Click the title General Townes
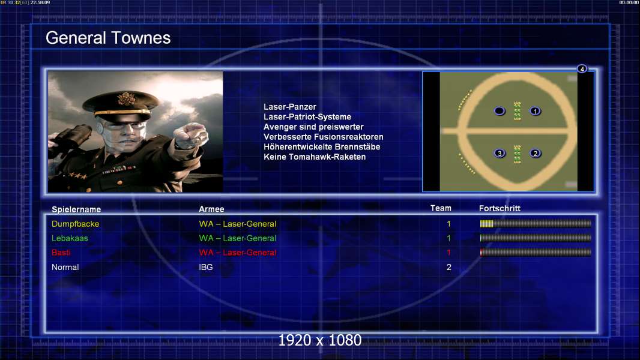[x=108, y=38]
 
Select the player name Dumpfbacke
[x=76, y=224]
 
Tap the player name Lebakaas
[x=70, y=238]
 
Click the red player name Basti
[x=61, y=253]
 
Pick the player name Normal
[x=65, y=267]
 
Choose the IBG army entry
[x=206, y=267]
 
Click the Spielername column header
[x=76, y=209]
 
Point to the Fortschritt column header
[x=500, y=208]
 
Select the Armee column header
[x=211, y=209]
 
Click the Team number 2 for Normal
[x=449, y=267]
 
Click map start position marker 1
[x=535, y=111]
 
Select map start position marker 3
[x=500, y=153]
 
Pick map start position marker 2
[x=535, y=153]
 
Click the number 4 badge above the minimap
[x=582, y=68]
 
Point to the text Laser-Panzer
[x=290, y=107]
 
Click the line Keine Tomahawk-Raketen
[x=315, y=157]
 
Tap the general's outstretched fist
[x=191, y=134]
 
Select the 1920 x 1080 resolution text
[x=320, y=340]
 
